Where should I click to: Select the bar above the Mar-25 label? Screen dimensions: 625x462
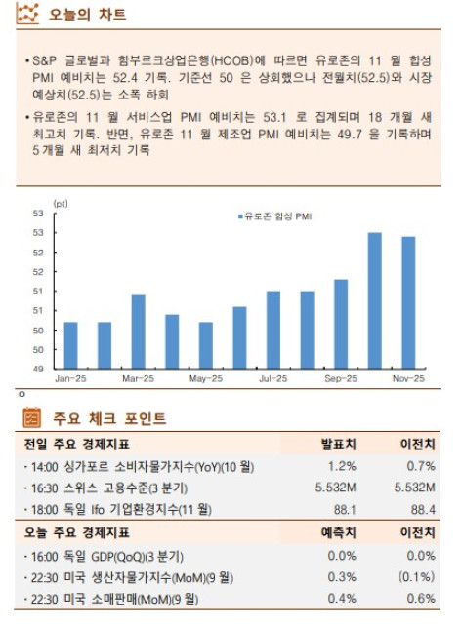click(138, 332)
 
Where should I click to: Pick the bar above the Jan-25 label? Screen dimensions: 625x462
click(70, 345)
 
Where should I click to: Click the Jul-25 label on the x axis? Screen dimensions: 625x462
click(273, 377)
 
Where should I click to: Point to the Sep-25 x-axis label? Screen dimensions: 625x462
click(340, 377)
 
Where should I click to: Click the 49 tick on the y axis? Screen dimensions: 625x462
click(38, 369)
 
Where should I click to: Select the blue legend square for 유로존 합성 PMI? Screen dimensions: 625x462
click(238, 215)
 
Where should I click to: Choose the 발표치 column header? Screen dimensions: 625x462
click(338, 444)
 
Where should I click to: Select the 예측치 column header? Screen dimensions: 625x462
click(338, 532)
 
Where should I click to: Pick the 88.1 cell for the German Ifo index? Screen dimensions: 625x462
click(342, 509)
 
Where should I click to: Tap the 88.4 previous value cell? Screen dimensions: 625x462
click(423, 509)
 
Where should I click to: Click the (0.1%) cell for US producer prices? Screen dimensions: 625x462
click(417, 576)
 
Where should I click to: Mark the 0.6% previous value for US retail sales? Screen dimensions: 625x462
click(422, 598)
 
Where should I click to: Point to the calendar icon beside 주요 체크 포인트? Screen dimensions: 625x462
click(32, 418)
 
